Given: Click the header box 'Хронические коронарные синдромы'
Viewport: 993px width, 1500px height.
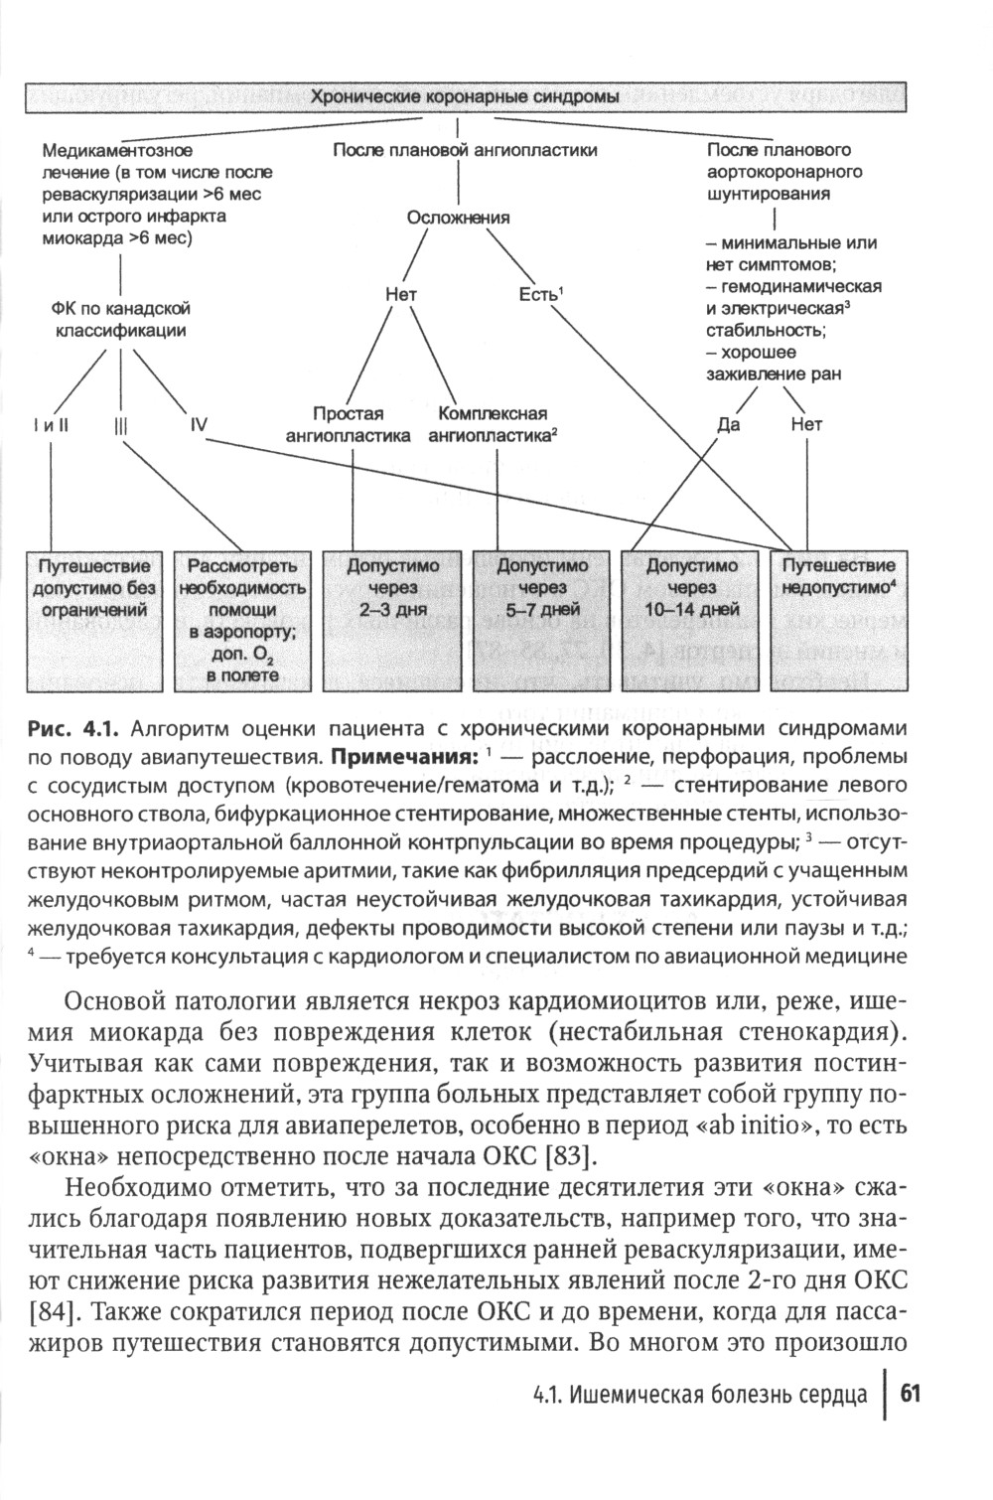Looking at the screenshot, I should pyautogui.click(x=466, y=97).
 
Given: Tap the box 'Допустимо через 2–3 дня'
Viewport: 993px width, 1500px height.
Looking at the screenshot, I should pyautogui.click(x=392, y=620).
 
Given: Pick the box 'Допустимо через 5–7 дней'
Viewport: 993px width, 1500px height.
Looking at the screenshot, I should pyautogui.click(x=542, y=620).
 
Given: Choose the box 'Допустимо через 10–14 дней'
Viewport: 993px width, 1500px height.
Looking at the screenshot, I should pyautogui.click(x=692, y=620).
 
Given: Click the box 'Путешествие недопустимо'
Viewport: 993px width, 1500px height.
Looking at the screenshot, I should pyautogui.click(x=840, y=620).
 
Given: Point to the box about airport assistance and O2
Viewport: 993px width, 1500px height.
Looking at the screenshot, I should pyautogui.click(x=244, y=620).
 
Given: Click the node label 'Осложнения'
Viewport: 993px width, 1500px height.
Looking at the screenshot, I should pyautogui.click(x=459, y=218).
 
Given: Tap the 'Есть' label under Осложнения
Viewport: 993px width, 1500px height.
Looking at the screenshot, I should pyautogui.click(x=541, y=294).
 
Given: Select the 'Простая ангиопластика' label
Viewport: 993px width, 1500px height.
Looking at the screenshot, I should pyautogui.click(x=349, y=424).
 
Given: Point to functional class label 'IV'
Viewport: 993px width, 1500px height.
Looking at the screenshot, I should pyautogui.click(x=199, y=424).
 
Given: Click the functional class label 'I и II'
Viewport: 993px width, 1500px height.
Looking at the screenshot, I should pyautogui.click(x=50, y=425).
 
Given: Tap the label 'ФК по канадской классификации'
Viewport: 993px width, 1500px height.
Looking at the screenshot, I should pyautogui.click(x=120, y=320).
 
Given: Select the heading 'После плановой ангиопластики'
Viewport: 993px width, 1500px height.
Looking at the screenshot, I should pyautogui.click(x=465, y=150).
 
